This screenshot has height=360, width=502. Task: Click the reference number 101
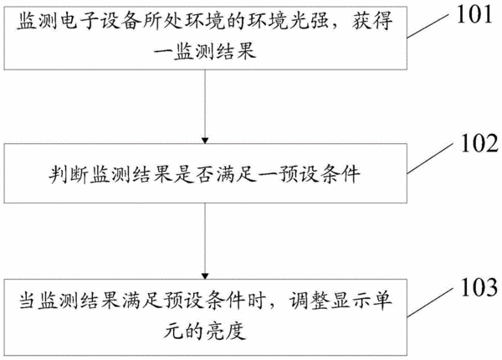[474, 15]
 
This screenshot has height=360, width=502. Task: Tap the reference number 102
[479, 143]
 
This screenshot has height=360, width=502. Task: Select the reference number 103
[479, 287]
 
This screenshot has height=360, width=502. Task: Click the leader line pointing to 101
[428, 26]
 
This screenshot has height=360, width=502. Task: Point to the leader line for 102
[430, 158]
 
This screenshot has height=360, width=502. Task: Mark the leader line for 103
[430, 302]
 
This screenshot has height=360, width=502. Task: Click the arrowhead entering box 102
[205, 141]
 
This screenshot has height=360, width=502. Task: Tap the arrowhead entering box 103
[205, 276]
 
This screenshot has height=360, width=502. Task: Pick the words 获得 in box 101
[373, 22]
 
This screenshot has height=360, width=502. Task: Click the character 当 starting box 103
[28, 301]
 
